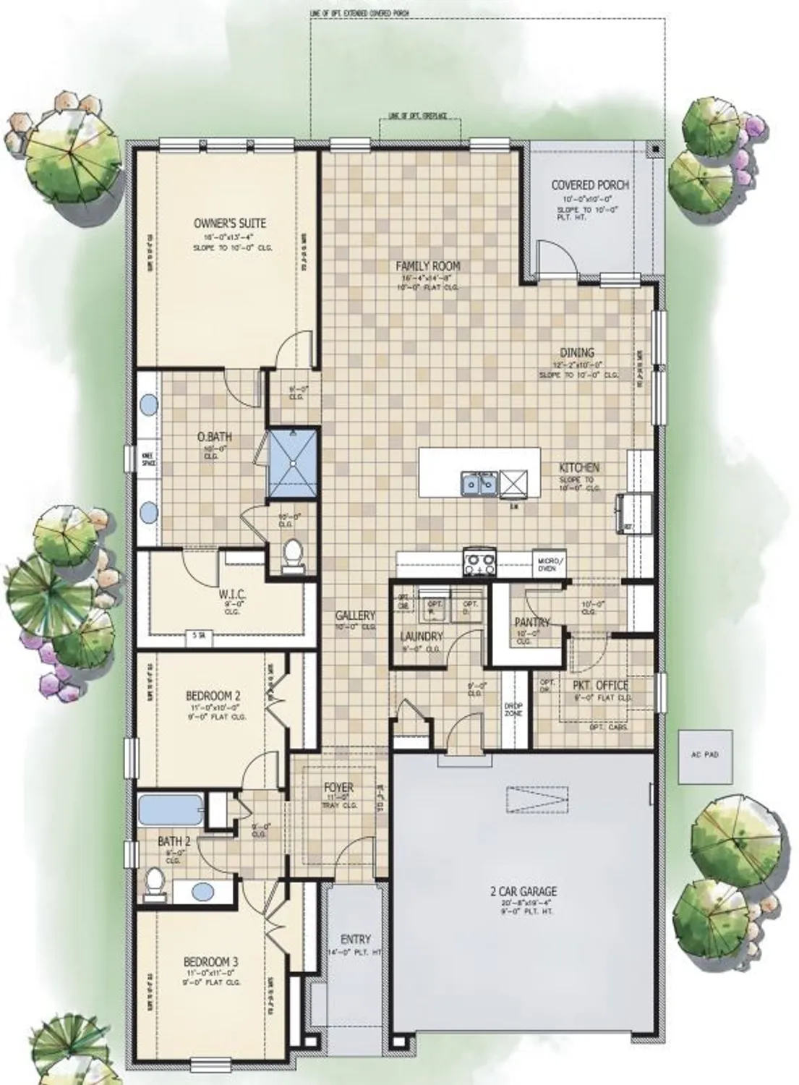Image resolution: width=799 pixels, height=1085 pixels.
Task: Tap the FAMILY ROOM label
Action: point(429,266)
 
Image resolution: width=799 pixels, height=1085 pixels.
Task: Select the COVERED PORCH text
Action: point(590,185)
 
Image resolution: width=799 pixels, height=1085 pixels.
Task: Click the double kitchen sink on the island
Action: point(479,482)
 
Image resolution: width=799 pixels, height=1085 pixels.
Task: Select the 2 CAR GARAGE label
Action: point(523,892)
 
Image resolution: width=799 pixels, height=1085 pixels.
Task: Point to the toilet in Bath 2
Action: point(154,882)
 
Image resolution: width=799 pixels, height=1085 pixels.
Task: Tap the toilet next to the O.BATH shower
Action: point(293,555)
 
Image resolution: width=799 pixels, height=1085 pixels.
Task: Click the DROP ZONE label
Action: point(513,710)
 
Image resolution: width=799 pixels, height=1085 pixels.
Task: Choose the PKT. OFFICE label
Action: point(600,686)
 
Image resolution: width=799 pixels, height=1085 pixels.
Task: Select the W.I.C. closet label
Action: point(233,595)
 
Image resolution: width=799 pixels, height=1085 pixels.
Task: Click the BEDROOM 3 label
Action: point(210,962)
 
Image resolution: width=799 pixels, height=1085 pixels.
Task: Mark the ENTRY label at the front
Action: point(355,940)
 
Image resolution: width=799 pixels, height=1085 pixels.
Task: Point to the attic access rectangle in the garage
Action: point(538,798)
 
